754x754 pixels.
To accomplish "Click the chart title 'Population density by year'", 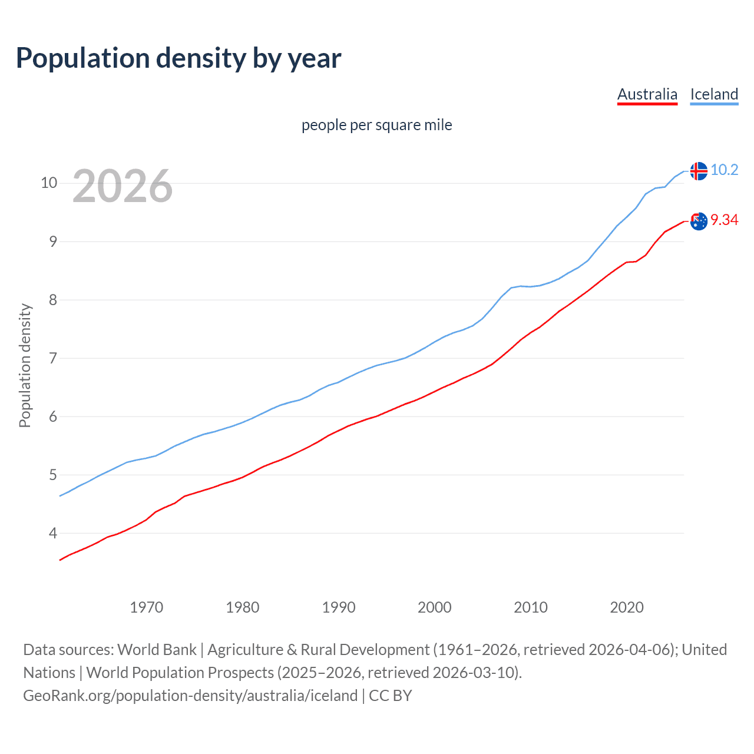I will pos(178,58).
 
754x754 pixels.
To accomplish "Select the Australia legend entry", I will pos(647,94).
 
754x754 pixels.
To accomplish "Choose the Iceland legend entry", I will pos(714,94).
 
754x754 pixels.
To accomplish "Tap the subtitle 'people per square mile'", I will pos(376,125).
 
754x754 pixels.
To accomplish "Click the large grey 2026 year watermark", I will pos(123,186).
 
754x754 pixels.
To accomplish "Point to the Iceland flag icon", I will pos(698,171).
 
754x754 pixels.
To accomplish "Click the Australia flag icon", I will pos(698,221).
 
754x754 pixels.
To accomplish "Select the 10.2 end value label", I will pos(724,170).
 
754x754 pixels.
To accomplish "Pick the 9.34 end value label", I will pos(724,220).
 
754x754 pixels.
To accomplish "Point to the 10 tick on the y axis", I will pos(49,183).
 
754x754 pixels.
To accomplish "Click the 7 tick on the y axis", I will pos(53,358).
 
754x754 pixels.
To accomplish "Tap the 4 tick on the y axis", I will pos(53,533).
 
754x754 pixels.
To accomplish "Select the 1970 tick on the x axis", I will pos(146,607).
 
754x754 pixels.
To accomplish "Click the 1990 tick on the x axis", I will pos(338,607).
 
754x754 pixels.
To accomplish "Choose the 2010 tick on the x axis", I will pos(530,607).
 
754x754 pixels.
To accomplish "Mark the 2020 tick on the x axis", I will pos(626,607).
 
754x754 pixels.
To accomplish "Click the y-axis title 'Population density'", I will pos(25,365).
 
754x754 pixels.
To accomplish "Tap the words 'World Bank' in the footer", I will pos(157,650).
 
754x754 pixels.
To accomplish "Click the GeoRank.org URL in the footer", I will pos(190,696).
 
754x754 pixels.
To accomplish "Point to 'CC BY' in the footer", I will pos(390,696).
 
